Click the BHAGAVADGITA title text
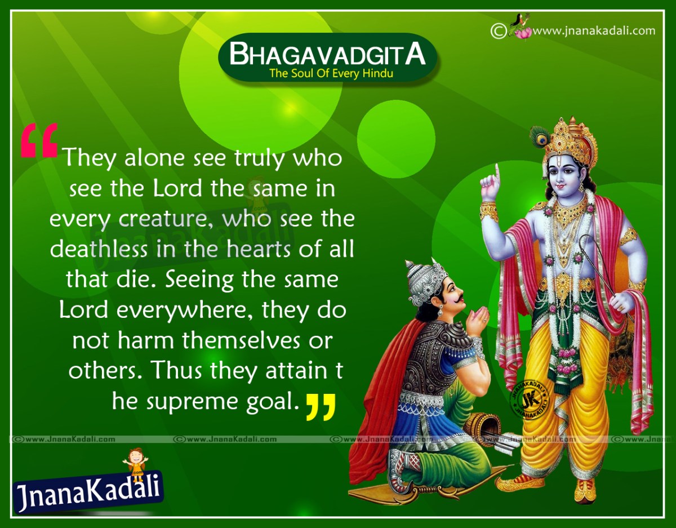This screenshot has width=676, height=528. click(327, 55)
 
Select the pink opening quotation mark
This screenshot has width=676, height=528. click(38, 141)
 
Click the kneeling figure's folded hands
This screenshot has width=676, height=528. click(476, 321)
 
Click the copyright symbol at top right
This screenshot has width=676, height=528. click(497, 30)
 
